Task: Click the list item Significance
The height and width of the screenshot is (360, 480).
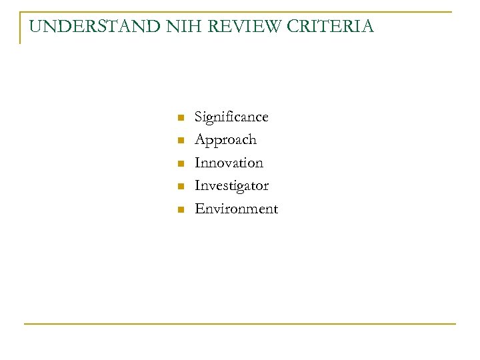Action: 231,117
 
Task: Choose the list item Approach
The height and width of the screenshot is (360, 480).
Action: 225,140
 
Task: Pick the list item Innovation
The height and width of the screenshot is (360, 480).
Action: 229,163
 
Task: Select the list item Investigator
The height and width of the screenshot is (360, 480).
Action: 231,186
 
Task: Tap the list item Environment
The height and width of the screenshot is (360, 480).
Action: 236,209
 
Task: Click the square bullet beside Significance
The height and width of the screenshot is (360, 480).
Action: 179,118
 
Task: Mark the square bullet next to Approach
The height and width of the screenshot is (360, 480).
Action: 179,141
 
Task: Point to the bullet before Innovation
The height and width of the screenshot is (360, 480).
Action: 179,163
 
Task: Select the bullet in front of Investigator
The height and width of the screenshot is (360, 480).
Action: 179,186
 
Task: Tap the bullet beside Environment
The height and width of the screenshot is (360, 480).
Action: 179,209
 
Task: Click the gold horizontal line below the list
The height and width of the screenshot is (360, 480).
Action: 240,324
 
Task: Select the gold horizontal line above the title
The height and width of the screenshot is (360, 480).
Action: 240,12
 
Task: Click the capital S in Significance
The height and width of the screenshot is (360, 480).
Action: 199,117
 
